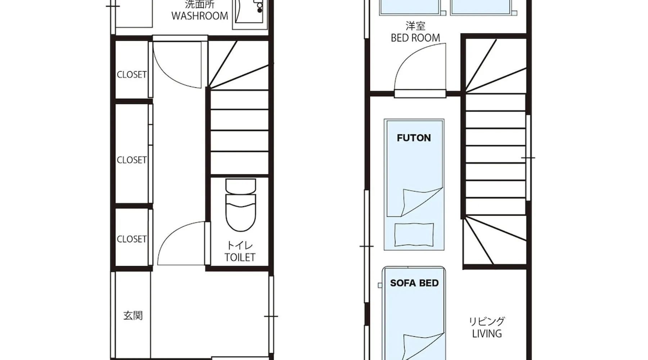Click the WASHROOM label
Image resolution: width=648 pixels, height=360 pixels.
[199, 16]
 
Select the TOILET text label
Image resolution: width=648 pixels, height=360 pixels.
[240, 257]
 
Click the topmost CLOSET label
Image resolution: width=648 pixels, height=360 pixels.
[132, 75]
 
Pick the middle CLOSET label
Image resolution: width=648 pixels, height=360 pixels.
[132, 160]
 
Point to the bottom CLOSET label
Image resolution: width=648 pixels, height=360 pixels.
[132, 239]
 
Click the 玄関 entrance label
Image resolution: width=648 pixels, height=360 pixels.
[133, 316]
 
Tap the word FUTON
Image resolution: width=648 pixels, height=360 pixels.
[414, 138]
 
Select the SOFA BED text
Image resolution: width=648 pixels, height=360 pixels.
[414, 283]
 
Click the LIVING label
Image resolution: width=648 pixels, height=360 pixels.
[487, 334]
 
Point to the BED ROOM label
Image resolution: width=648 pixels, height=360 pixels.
[415, 38]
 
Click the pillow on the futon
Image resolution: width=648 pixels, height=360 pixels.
[414, 235]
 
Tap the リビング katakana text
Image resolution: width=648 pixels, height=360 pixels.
[487, 321]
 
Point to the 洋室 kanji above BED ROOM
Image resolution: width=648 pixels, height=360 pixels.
[415, 26]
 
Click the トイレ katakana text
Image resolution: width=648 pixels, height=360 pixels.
[240, 246]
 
